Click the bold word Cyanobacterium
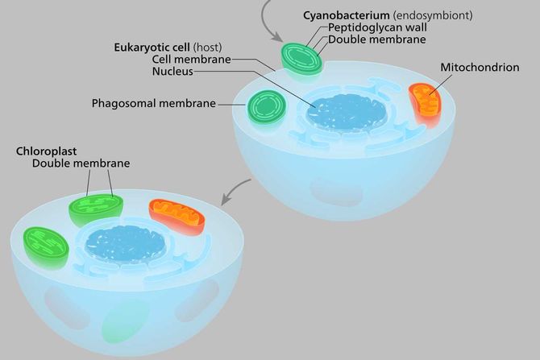click(x=340, y=15)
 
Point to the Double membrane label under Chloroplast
click(x=81, y=163)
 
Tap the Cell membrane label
click(x=191, y=59)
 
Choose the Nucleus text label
click(x=172, y=71)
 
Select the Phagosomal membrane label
click(x=155, y=103)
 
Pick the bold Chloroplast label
click(x=44, y=151)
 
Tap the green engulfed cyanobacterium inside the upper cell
click(x=266, y=107)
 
